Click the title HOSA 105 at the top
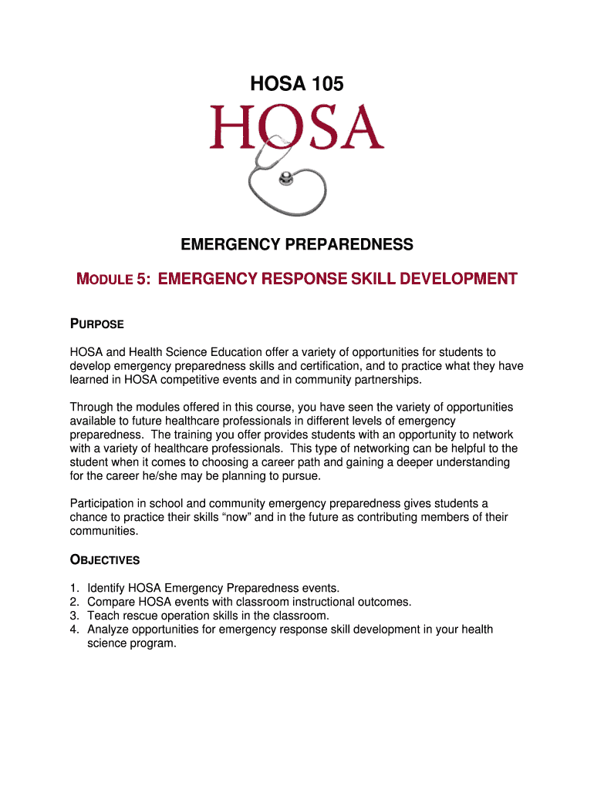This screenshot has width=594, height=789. click(x=297, y=83)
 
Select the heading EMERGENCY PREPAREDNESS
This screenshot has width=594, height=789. click(x=297, y=245)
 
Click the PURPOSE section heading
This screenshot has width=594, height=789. click(x=97, y=324)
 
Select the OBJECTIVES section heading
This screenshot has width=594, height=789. click(x=105, y=559)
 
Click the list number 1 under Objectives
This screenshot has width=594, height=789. click(x=74, y=588)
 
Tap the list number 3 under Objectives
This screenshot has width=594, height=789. click(x=74, y=616)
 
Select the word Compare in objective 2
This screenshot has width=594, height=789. click(x=111, y=602)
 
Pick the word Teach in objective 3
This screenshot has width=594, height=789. click(x=103, y=616)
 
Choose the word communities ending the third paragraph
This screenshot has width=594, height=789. click(x=103, y=532)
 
